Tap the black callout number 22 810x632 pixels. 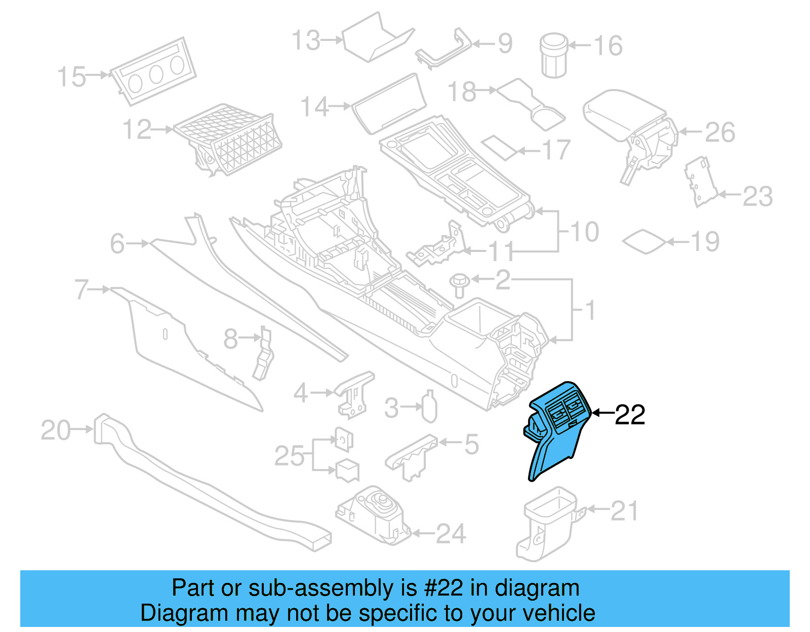tap(630, 415)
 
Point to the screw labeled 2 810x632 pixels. tap(460, 285)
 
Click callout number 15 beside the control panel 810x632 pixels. tap(71, 77)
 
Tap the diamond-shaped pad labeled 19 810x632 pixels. tap(644, 242)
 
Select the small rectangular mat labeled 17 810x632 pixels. tap(500, 147)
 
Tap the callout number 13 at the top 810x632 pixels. tap(306, 40)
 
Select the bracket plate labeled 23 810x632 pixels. tap(700, 182)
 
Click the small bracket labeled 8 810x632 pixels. tap(263, 354)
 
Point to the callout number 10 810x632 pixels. tap(585, 232)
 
